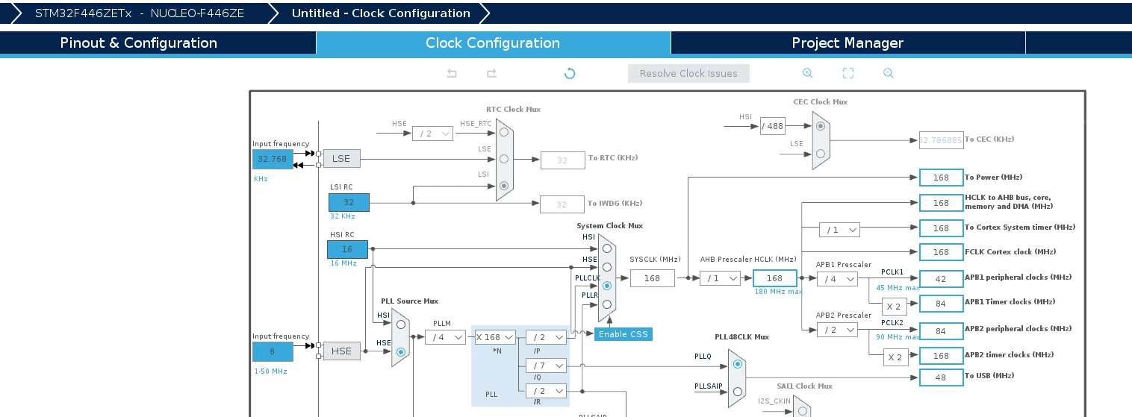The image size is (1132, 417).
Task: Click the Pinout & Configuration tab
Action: (138, 43)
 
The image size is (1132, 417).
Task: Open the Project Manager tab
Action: (848, 43)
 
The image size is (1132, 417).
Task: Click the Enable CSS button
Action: (623, 334)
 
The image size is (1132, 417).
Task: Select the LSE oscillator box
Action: (342, 159)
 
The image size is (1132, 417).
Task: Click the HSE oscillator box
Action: (342, 351)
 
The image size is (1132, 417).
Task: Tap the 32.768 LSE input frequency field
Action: (273, 159)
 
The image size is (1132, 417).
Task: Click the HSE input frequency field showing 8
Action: (273, 351)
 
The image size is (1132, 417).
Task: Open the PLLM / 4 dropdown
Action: (445, 337)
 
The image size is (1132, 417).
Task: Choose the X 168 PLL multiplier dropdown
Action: (495, 337)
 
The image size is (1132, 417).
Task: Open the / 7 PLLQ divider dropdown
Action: (546, 365)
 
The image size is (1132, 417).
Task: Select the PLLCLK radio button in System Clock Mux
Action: (607, 286)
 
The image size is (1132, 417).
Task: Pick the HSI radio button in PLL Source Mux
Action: (401, 324)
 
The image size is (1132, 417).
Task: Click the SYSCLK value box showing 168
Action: (652, 278)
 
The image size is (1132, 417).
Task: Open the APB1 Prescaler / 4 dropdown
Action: (837, 279)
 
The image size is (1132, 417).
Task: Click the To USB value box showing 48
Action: (941, 377)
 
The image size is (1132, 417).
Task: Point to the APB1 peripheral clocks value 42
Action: (941, 279)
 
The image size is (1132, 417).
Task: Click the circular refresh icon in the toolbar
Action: (570, 73)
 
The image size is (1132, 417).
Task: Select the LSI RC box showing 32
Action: (349, 202)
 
